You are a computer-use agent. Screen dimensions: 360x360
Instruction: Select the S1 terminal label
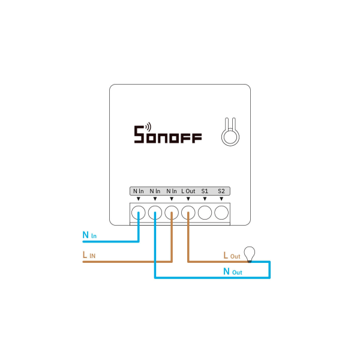click(205, 191)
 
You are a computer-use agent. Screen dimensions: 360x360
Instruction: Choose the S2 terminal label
click(221, 191)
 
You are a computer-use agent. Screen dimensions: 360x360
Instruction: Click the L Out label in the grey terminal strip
click(188, 191)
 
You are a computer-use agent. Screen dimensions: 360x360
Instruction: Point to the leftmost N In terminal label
click(139, 191)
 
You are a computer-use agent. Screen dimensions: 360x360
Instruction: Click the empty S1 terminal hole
click(205, 211)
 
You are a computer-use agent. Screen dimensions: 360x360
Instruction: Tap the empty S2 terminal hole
click(221, 211)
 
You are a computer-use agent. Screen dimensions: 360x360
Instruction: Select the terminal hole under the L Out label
click(188, 211)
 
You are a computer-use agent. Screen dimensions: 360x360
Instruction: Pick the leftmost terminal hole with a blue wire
click(139, 211)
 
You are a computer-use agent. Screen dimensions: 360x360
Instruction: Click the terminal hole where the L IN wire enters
click(172, 211)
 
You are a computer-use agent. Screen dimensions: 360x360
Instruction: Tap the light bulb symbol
click(248, 254)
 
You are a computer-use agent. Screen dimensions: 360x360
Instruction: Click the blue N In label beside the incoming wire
click(89, 235)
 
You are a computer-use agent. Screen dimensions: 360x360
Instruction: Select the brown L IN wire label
click(89, 255)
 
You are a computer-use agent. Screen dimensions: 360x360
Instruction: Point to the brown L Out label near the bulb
click(231, 255)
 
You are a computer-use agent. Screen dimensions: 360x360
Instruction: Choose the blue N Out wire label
click(232, 271)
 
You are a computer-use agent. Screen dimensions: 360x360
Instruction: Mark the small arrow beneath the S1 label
click(205, 199)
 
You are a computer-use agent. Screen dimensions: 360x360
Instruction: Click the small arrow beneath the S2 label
click(221, 199)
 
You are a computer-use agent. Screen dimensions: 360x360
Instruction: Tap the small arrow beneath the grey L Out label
click(188, 199)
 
